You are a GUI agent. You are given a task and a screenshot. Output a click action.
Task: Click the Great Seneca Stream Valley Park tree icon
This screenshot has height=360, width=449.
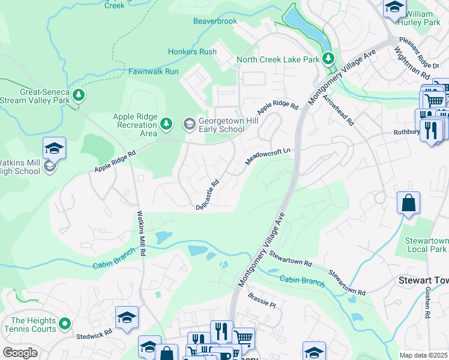(x=78, y=95)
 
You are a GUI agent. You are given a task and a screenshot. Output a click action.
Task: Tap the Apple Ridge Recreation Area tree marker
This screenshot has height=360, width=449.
(x=167, y=124)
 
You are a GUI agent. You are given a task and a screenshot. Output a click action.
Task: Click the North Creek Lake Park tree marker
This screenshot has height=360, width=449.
(x=328, y=59)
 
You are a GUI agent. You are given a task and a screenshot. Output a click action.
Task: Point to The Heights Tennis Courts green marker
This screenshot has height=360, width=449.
(x=65, y=325)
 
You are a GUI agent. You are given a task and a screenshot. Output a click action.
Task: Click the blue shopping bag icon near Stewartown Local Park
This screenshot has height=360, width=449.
(x=408, y=203)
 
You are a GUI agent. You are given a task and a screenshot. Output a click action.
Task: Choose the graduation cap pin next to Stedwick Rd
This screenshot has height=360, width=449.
(x=127, y=317)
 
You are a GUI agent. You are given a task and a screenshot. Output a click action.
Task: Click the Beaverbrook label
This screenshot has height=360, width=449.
(x=215, y=21)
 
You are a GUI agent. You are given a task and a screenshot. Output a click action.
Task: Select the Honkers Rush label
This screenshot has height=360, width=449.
(x=191, y=52)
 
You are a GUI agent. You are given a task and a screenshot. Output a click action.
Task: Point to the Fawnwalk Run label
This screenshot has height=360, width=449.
(x=153, y=71)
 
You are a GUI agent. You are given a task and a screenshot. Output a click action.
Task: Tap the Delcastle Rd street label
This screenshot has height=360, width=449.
(x=208, y=195)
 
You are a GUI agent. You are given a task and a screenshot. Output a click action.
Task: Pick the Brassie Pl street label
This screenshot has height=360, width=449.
(x=262, y=301)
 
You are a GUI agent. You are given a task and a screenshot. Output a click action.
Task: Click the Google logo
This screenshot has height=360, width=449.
(x=20, y=353)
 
